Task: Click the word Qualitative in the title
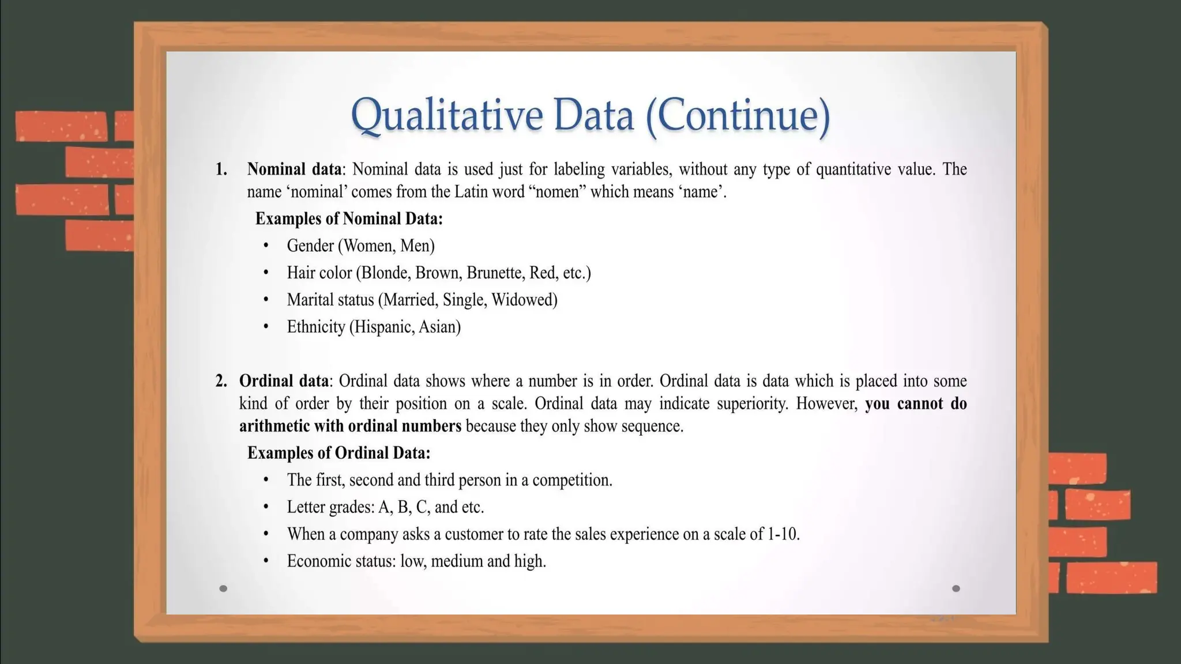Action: pyautogui.click(x=446, y=115)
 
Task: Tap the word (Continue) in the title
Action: pyautogui.click(x=738, y=115)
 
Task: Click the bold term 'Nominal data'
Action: pyautogui.click(x=294, y=169)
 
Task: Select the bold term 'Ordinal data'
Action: pyautogui.click(x=284, y=381)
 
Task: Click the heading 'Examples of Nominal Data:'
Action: pyautogui.click(x=349, y=219)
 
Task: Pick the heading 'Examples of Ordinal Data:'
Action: pyautogui.click(x=338, y=453)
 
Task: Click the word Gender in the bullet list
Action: pyautogui.click(x=310, y=246)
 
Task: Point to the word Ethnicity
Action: pyautogui.click(x=315, y=327)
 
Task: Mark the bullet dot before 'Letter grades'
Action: pyautogui.click(x=266, y=507)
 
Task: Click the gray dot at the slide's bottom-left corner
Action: pyautogui.click(x=223, y=588)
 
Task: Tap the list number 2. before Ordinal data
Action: pyautogui.click(x=221, y=381)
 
